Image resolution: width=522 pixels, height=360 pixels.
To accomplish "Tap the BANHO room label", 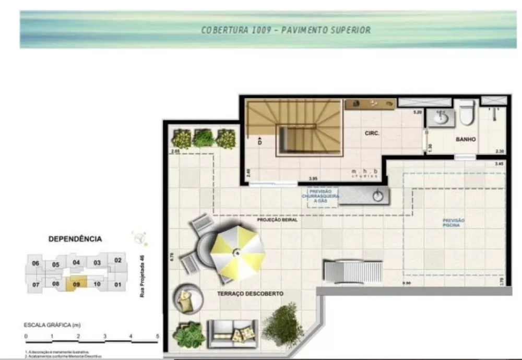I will click(465, 140).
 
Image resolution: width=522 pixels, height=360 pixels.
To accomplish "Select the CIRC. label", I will click(372, 134).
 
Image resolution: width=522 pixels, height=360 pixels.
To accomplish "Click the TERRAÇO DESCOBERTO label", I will click(250, 294).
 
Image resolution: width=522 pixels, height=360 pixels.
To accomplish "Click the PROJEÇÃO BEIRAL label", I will click(277, 220).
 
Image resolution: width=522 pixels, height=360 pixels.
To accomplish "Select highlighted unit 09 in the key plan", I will click(76, 284).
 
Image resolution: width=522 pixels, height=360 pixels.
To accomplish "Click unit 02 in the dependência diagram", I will click(118, 260).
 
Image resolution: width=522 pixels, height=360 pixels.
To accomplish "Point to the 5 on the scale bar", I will click(157, 336).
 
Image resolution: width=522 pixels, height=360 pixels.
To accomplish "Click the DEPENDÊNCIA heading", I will click(75, 239).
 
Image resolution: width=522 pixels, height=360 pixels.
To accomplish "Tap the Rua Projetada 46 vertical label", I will click(141, 276).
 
